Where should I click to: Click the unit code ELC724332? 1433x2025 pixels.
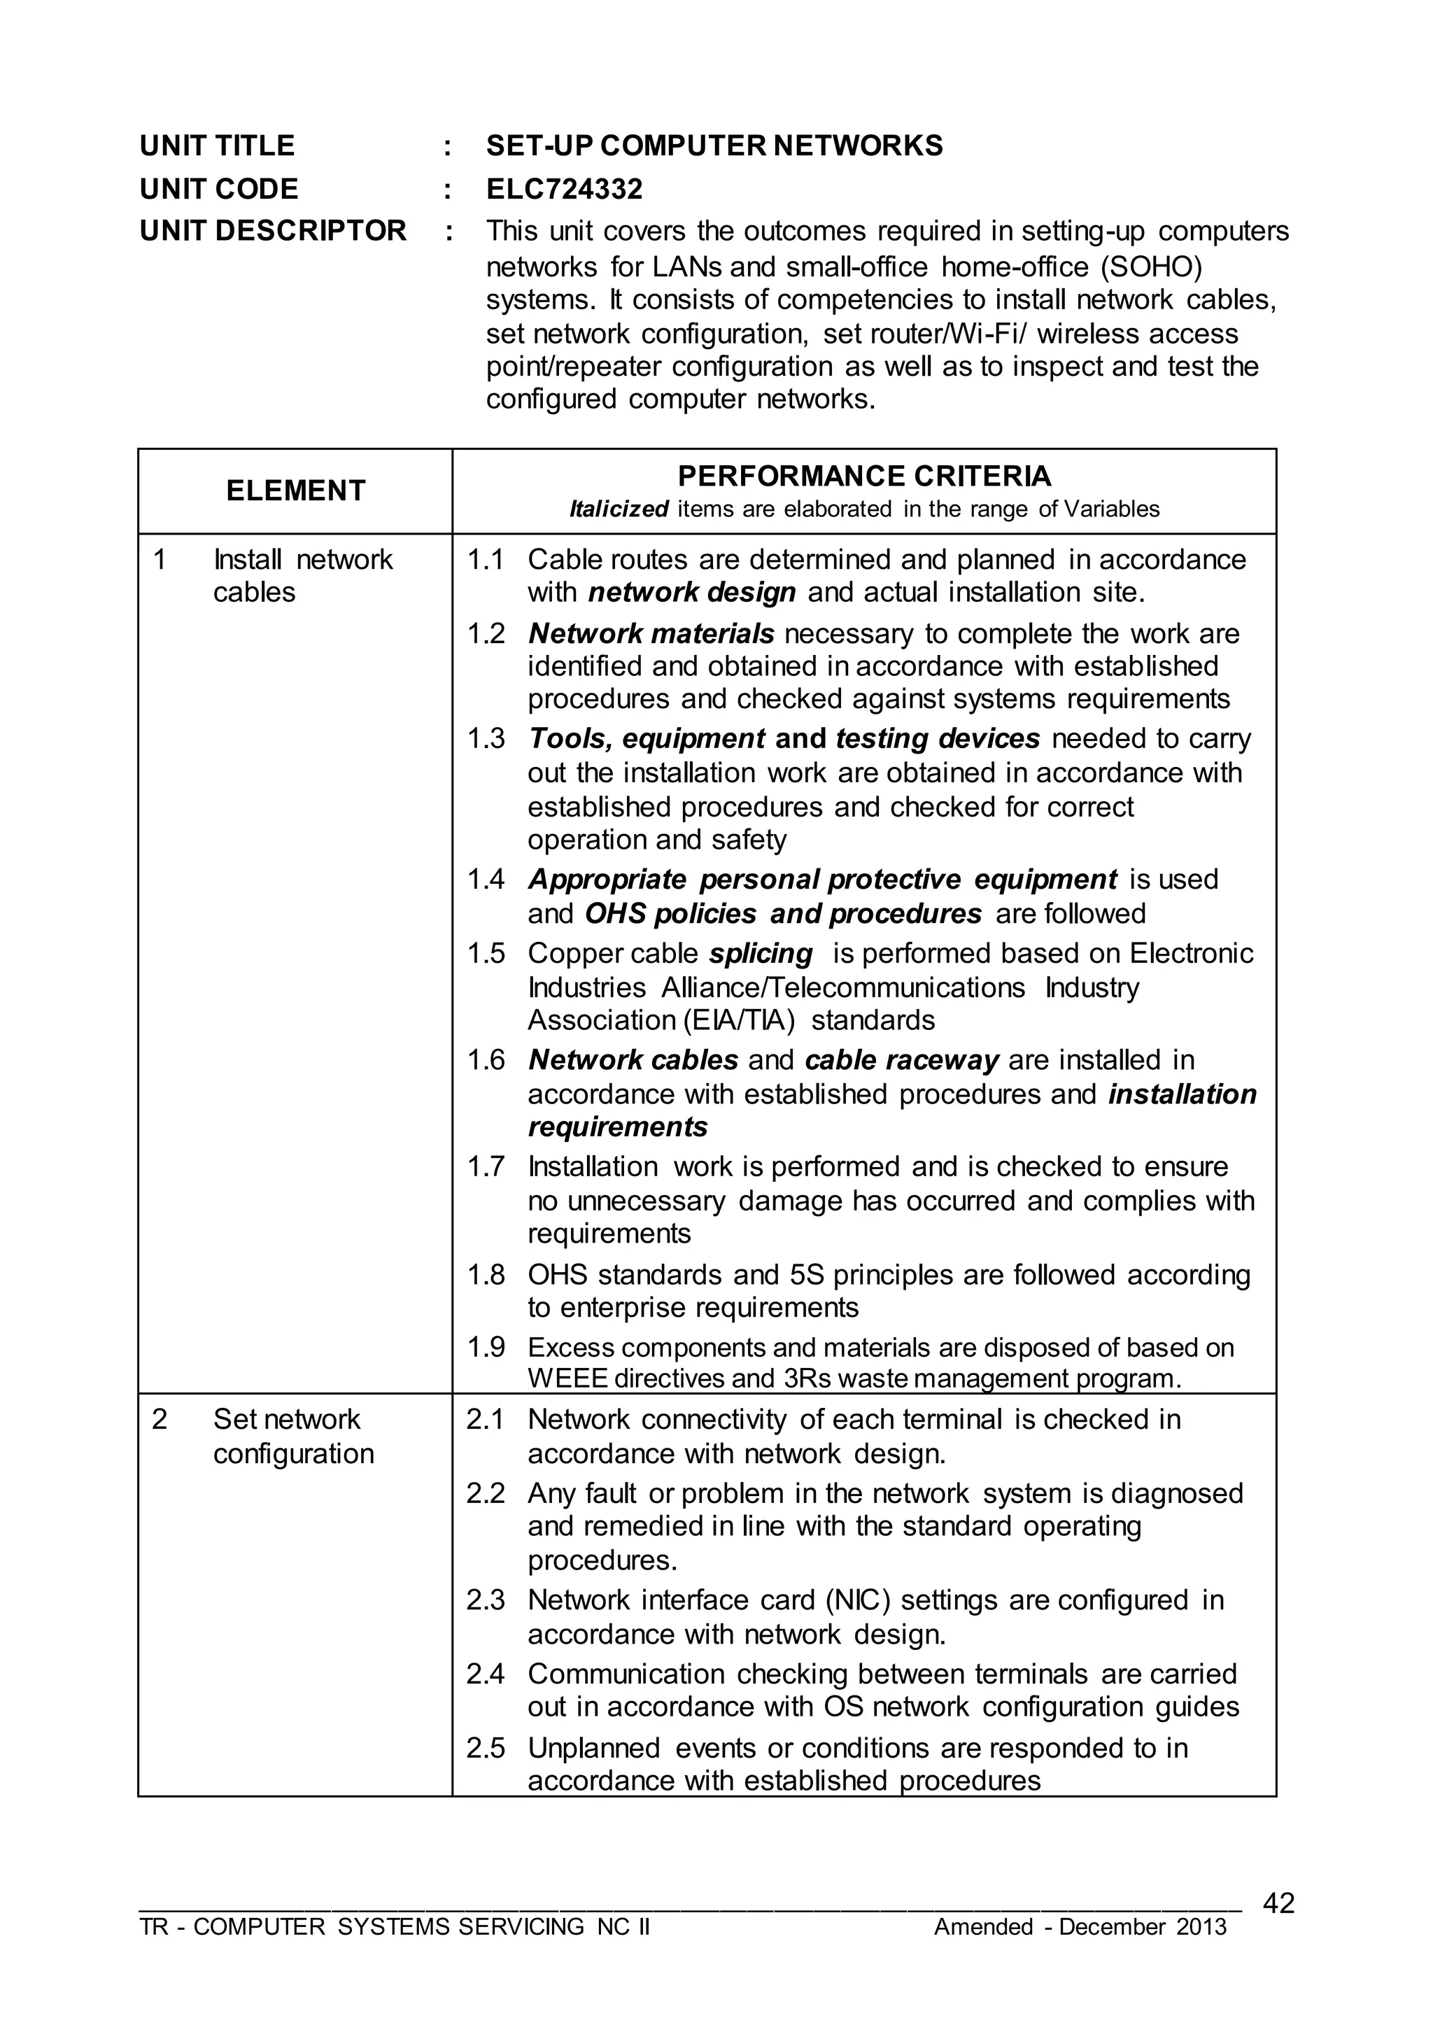564,189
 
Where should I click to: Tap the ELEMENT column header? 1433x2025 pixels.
295,491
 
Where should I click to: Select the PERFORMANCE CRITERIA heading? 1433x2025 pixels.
864,477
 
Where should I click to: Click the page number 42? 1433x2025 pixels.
1278,1903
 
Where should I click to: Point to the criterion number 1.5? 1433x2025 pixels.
486,954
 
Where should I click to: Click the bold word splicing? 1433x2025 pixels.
761,954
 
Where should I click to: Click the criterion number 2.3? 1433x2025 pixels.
486,1600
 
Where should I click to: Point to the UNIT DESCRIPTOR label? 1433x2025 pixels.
273,231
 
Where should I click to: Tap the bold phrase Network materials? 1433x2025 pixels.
651,633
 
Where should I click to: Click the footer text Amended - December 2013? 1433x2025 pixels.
1080,1927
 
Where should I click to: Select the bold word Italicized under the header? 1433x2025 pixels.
619,509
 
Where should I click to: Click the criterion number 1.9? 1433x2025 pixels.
486,1348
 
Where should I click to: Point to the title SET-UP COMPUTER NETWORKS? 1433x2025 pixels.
714,146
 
